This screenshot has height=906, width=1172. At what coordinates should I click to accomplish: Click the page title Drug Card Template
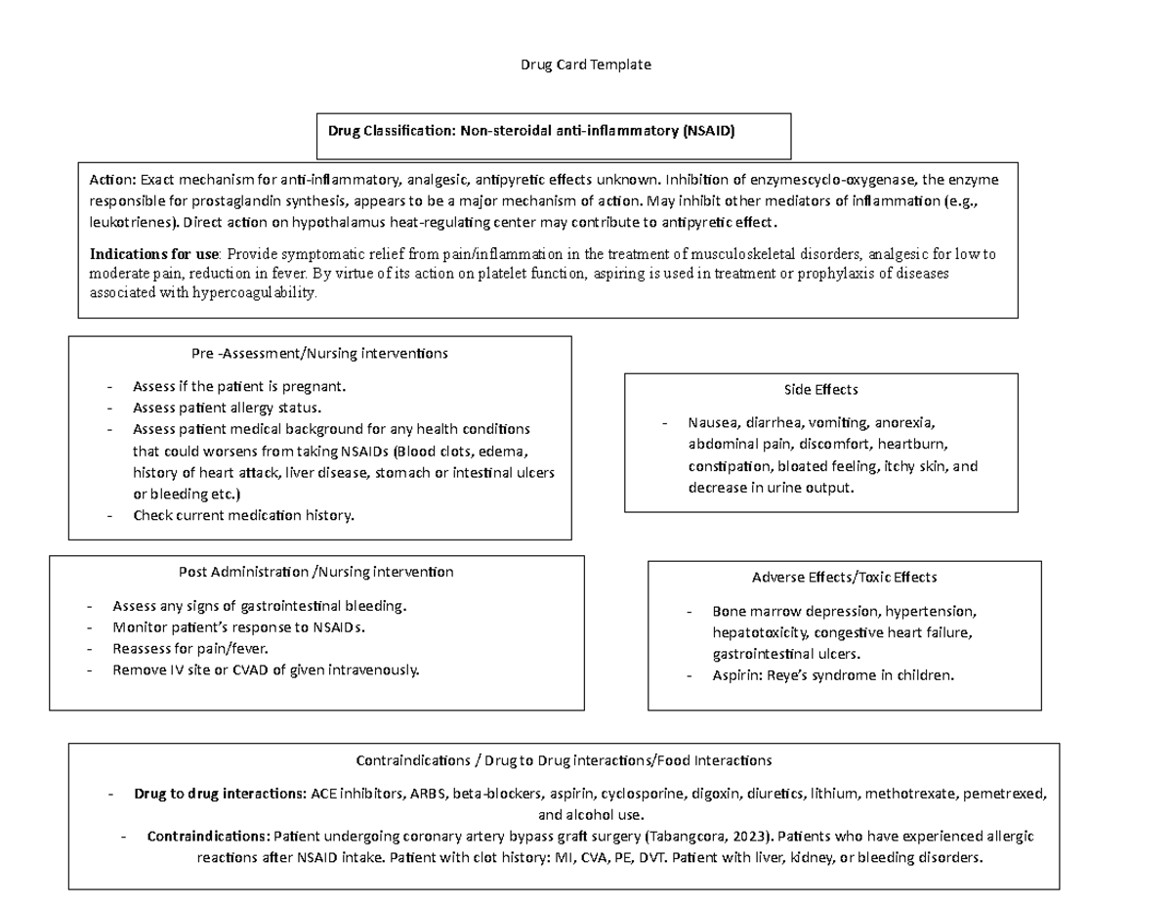point(586,65)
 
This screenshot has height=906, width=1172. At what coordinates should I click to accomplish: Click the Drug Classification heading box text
point(531,130)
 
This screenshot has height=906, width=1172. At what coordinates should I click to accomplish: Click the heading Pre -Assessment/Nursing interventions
point(320,354)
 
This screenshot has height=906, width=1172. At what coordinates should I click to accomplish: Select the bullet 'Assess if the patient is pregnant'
point(239,386)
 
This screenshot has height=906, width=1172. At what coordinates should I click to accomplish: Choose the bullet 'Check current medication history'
point(243,515)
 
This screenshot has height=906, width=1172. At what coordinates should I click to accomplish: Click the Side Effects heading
point(820,389)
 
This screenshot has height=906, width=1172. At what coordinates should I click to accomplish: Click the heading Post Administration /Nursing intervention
point(315,572)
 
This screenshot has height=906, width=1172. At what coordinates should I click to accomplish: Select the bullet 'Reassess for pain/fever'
point(189,648)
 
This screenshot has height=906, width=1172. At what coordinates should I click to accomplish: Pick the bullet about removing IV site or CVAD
point(266,669)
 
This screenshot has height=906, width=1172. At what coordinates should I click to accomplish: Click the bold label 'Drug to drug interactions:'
point(220,794)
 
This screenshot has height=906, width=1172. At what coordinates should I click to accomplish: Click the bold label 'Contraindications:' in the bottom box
point(207,837)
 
